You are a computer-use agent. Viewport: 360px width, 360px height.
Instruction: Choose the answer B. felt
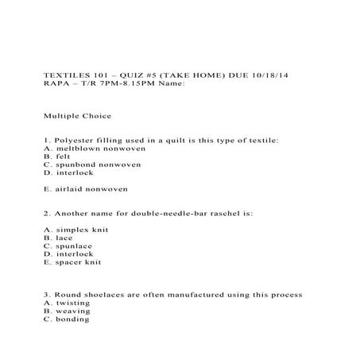58,157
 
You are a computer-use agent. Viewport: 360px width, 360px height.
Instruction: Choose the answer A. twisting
67,304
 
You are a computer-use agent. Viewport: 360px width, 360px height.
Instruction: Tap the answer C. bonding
67,319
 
